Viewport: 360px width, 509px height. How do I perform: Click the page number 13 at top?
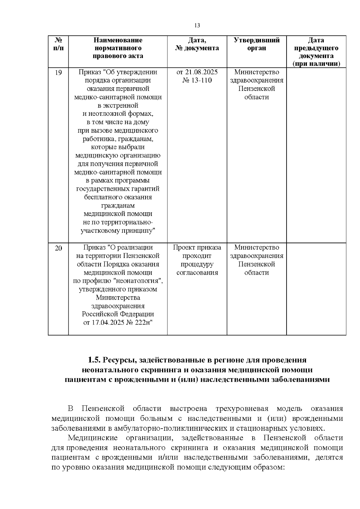197,25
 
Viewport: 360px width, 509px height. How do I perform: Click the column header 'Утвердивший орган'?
256,44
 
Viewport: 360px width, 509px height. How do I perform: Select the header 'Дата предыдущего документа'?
316,52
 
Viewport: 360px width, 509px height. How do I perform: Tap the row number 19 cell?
58,73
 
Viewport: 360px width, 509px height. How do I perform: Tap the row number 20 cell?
58,248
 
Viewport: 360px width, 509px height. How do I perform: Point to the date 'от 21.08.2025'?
197,72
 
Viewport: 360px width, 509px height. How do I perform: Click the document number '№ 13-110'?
197,80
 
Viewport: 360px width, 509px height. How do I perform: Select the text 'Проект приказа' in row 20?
197,247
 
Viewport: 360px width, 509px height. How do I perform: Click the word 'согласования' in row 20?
197,273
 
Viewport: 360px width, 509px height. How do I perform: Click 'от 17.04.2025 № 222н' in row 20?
118,323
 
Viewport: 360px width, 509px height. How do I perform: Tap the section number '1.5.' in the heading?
94,360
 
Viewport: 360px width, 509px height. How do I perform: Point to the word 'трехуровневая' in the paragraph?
242,409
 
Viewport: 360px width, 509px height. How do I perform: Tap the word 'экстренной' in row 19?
118,106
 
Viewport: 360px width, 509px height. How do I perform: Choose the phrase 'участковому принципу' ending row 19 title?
118,231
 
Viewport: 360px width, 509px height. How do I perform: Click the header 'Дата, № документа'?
197,44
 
